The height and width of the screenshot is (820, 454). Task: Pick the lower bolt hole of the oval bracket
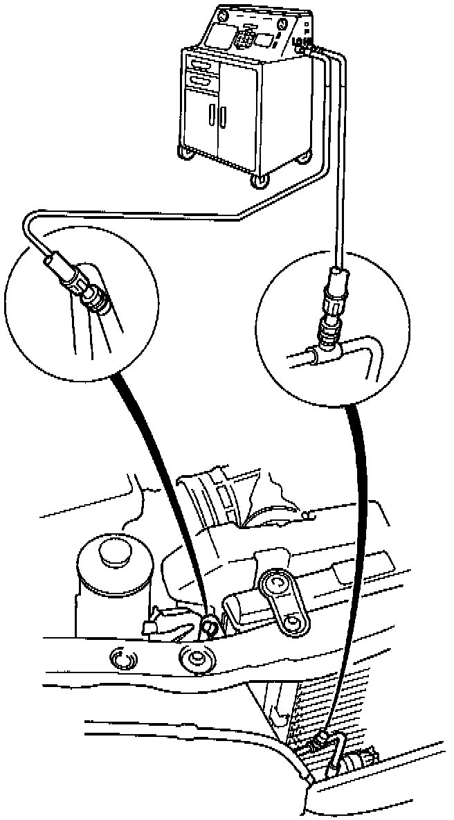[295, 621]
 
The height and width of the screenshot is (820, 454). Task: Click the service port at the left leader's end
[208, 627]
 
